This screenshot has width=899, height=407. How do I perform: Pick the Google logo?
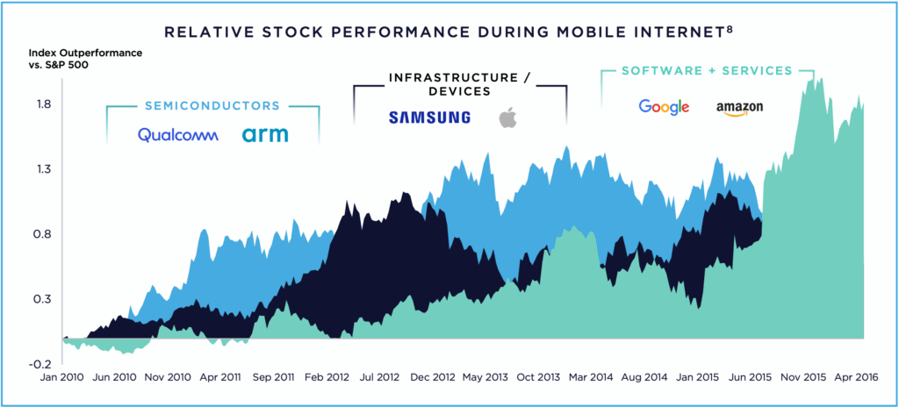click(664, 107)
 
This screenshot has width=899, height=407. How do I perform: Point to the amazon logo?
click(739, 108)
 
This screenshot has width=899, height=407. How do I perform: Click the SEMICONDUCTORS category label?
click(212, 106)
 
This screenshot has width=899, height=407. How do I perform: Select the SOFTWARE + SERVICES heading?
click(706, 70)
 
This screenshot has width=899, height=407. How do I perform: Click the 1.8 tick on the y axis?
click(42, 104)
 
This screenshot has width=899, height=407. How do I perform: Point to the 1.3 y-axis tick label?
click(42, 169)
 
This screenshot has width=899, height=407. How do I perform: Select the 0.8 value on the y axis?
click(42, 234)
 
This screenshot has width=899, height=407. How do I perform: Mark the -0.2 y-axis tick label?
click(40, 364)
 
